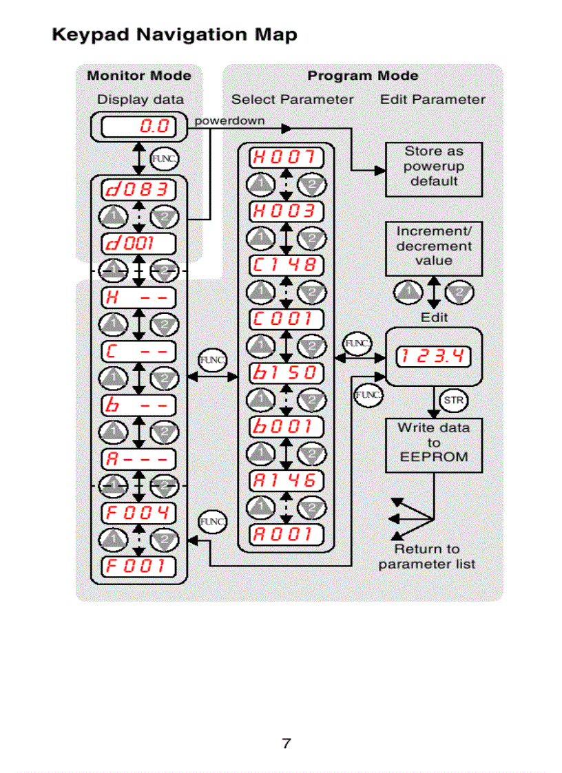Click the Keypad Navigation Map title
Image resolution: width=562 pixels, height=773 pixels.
pyautogui.click(x=175, y=34)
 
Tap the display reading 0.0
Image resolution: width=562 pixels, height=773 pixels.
pyautogui.click(x=138, y=127)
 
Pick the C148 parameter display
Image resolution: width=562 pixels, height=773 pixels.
pyautogui.click(x=285, y=265)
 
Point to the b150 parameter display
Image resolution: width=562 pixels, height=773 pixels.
pyautogui.click(x=285, y=373)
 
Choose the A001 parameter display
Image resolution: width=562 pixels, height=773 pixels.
pyautogui.click(x=285, y=534)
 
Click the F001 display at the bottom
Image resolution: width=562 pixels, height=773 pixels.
pyautogui.click(x=138, y=566)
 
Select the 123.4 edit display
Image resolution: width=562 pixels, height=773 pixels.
pyautogui.click(x=433, y=357)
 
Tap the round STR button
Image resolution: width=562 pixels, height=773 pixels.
pyautogui.click(x=452, y=399)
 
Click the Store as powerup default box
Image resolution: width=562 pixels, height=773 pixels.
pyautogui.click(x=433, y=167)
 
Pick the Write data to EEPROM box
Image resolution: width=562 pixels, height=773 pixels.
pyautogui.click(x=433, y=443)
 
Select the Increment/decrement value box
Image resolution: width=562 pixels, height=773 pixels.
pyautogui.click(x=433, y=246)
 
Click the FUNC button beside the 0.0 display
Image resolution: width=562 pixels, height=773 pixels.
pyautogui.click(x=163, y=158)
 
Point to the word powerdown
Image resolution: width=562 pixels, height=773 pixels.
pyautogui.click(x=229, y=120)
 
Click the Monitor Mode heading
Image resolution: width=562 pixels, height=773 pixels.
pyautogui.click(x=139, y=76)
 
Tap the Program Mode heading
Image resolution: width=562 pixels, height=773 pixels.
pyautogui.click(x=362, y=76)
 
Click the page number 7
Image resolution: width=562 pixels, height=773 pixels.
pyautogui.click(x=287, y=743)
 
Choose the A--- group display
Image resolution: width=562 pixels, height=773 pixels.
pyautogui.click(x=138, y=458)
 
